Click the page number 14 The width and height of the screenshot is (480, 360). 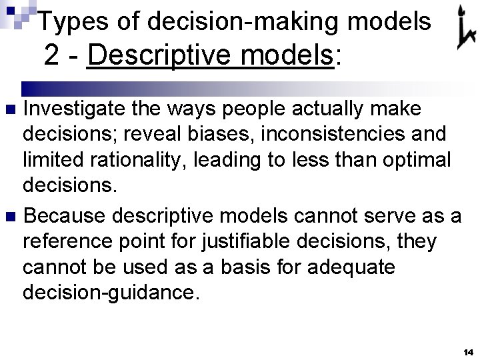pos(467,351)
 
